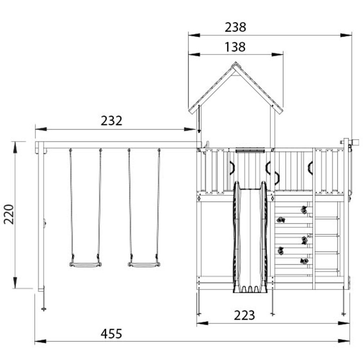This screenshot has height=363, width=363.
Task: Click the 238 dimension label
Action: click(235, 28)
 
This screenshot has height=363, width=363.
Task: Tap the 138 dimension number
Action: click(235, 47)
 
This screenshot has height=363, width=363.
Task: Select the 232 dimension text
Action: click(111, 121)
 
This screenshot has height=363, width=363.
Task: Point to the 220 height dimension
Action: click(9, 214)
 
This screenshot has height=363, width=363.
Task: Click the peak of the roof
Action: click(235, 62)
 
